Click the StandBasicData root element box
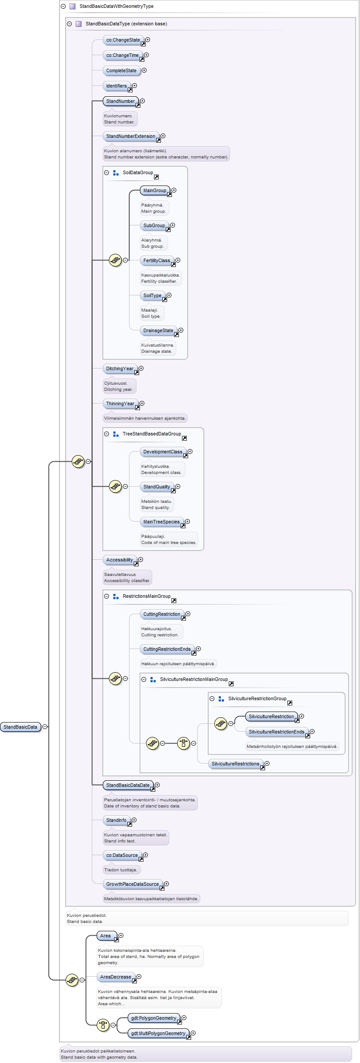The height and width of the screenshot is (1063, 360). (21, 727)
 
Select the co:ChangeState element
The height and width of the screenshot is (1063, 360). (124, 40)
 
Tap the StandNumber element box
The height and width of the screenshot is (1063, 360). (121, 102)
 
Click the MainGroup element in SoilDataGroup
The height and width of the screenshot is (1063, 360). (155, 191)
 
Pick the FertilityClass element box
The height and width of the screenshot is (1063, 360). (157, 261)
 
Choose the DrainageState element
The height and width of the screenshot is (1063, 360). (159, 331)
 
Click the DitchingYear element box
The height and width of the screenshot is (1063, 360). (120, 369)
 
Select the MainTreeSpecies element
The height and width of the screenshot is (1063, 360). (162, 522)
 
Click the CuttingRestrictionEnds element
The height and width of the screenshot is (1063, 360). (168, 649)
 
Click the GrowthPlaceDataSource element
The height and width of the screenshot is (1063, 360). (133, 884)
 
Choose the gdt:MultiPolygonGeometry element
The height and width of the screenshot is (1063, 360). (159, 1033)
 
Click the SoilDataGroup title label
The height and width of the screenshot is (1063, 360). (138, 172)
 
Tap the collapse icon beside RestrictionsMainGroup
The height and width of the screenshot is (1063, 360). (106, 596)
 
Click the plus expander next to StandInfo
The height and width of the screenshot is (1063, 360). (134, 820)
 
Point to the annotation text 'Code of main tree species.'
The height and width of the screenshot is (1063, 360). (169, 543)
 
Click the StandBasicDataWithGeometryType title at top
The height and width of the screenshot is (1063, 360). (116, 7)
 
